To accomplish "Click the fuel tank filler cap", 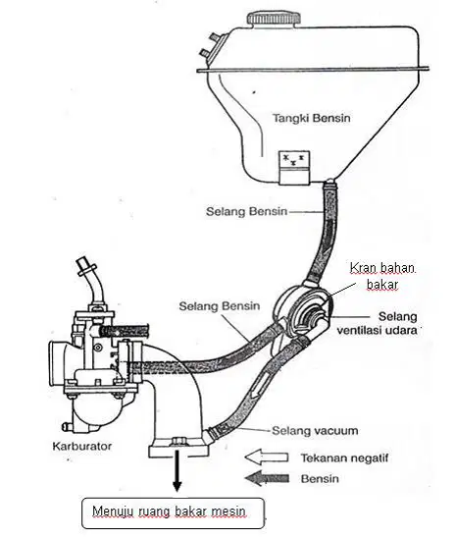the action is (274, 19).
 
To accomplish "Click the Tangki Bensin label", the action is (312, 118).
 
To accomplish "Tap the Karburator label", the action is (82, 446).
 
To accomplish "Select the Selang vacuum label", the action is (315, 430).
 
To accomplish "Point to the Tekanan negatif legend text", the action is (344, 458).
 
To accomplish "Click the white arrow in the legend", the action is (267, 458).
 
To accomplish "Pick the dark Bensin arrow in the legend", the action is (267, 478).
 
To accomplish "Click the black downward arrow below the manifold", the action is (177, 470).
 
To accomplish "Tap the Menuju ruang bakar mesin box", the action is (173, 512).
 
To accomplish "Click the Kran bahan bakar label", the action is (382, 276).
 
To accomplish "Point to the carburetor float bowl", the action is (97, 411).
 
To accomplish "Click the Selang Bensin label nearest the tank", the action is (246, 211).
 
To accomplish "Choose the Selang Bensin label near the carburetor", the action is (220, 305).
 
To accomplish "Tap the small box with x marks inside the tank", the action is (294, 168).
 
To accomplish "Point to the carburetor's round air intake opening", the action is (59, 364).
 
